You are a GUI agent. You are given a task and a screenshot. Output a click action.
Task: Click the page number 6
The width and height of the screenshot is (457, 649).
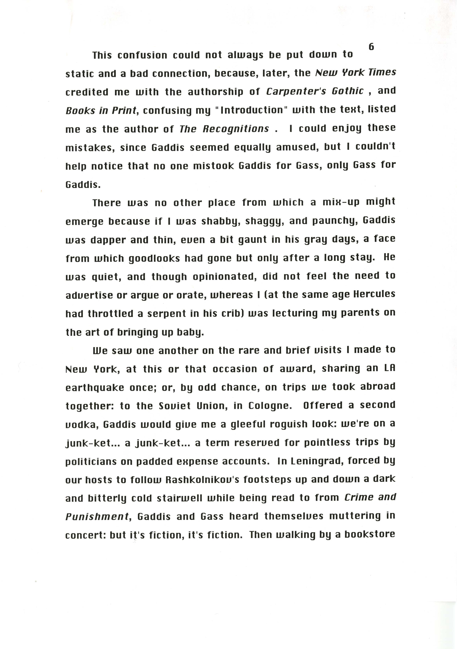click(371, 47)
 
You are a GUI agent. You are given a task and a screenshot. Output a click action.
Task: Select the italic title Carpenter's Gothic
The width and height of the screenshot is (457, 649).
click(315, 91)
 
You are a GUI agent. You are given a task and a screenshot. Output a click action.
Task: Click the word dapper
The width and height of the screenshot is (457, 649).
click(107, 240)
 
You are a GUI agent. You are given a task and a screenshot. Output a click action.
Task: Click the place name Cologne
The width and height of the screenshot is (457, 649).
click(270, 406)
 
